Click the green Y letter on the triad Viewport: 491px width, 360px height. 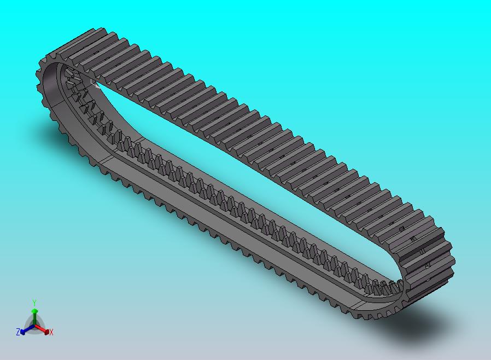pyautogui.click(x=34, y=303)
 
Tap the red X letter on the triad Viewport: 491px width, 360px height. pyautogui.click(x=51, y=332)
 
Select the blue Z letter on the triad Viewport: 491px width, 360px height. pyautogui.click(x=18, y=332)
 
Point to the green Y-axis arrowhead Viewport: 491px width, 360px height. pyautogui.click(x=34, y=311)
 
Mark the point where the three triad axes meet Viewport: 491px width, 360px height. pyautogui.click(x=34, y=326)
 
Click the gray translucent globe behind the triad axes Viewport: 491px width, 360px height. pyautogui.click(x=34, y=322)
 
